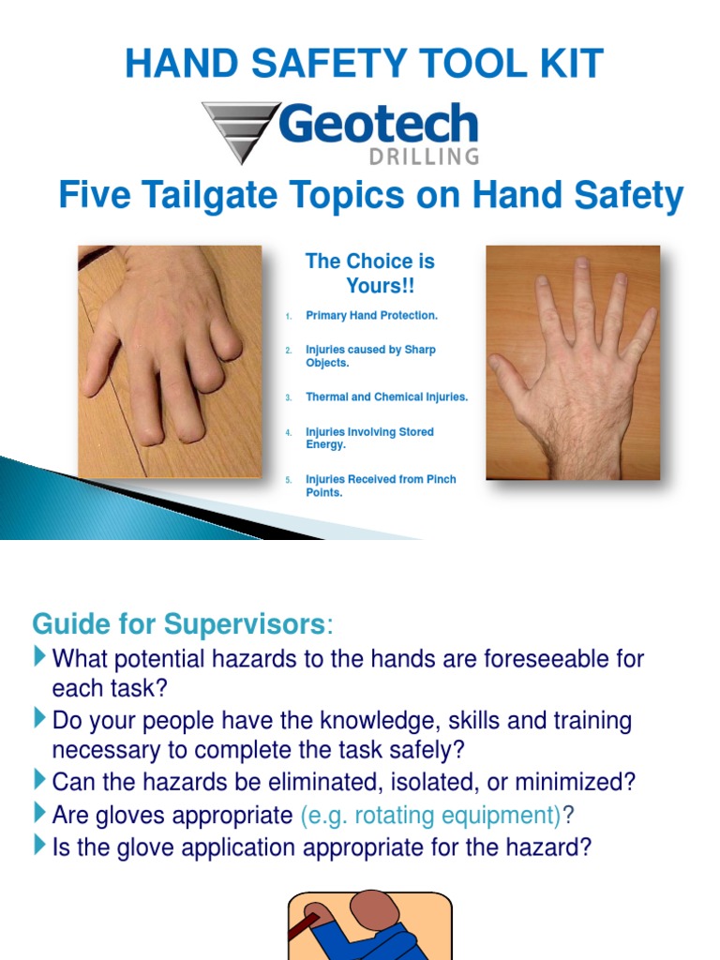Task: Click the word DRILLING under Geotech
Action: (423, 157)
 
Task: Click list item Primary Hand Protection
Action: (371, 316)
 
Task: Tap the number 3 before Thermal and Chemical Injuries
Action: (290, 397)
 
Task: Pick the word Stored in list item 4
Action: (416, 432)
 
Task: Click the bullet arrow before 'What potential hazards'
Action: (38, 656)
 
